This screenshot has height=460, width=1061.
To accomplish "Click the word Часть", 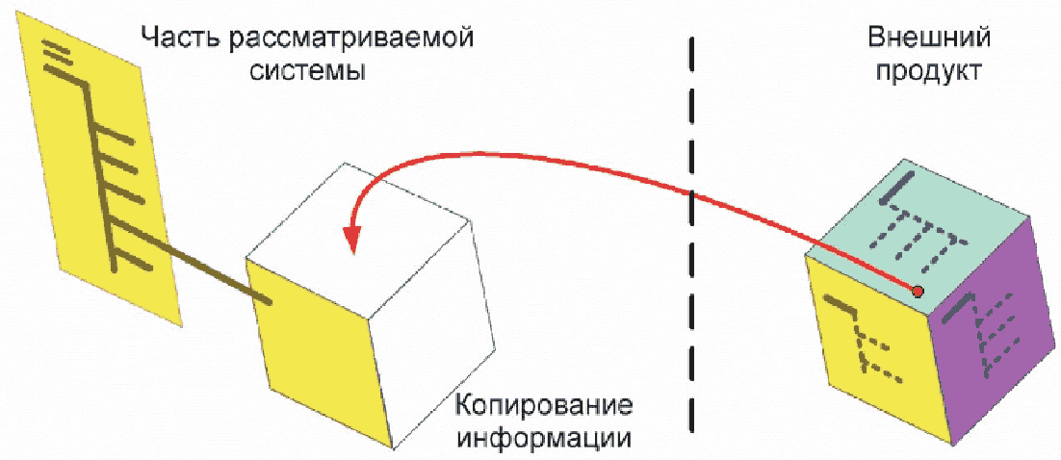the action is point(177,39).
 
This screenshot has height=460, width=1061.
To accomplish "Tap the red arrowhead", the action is point(354,237).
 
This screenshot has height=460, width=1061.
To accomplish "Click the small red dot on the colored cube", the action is point(918,291).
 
